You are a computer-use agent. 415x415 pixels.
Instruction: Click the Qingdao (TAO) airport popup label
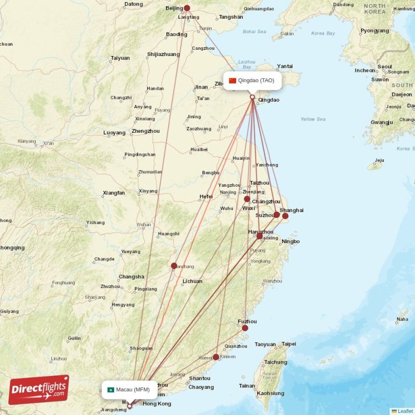point(253,80)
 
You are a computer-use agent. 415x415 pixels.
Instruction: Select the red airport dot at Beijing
point(187,8)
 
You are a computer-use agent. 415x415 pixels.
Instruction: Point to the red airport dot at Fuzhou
point(245,328)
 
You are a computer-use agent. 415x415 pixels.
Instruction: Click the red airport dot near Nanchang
point(174,266)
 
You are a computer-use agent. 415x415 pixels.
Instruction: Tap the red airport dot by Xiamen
point(216,357)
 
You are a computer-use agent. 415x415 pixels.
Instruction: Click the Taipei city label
point(289,344)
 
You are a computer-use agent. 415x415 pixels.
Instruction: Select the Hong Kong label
point(157,404)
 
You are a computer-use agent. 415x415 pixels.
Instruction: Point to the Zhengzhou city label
point(146,131)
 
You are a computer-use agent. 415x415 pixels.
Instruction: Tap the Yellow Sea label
point(313,119)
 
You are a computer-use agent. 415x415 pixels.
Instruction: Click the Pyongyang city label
point(375,31)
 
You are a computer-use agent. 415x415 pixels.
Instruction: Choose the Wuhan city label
point(144,225)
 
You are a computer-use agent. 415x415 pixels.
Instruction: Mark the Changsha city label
point(131,276)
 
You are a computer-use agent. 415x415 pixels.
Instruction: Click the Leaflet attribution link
point(405,411)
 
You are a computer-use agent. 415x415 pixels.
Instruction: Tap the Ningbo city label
point(291,242)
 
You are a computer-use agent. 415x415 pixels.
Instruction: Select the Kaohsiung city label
point(270,394)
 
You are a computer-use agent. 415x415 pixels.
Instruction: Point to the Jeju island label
point(379,160)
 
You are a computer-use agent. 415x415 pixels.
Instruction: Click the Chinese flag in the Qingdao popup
point(232,80)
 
